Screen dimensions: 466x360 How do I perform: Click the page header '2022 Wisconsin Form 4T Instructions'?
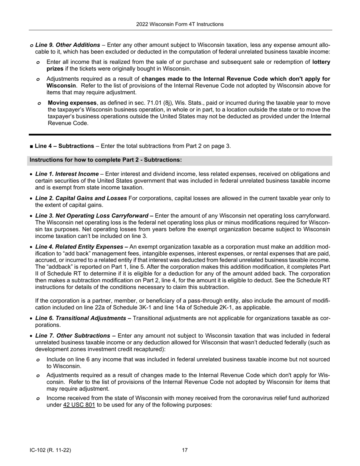point(180,24)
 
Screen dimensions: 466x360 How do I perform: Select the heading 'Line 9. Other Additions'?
point(67,45)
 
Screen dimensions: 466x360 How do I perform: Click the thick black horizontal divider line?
point(180,134)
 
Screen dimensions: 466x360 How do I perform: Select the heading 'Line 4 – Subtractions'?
point(64,146)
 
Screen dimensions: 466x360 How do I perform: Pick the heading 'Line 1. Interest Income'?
point(67,174)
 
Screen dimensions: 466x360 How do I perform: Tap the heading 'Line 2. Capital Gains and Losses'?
point(81,198)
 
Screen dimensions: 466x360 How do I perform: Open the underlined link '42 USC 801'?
point(79,405)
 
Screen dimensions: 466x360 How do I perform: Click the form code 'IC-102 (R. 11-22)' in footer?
point(50,450)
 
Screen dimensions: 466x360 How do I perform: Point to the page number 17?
point(185,450)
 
